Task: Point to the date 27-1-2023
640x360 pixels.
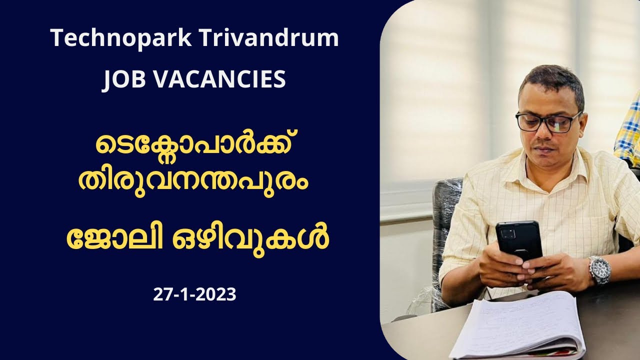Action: click(194, 294)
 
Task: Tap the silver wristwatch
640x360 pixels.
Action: click(599, 270)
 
